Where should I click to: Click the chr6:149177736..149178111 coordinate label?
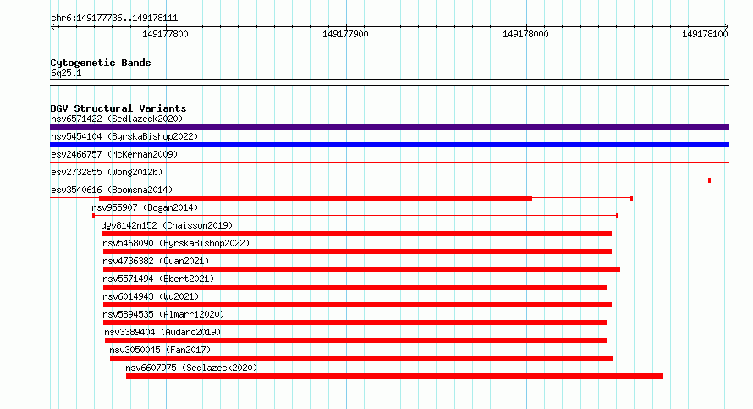(x=114, y=19)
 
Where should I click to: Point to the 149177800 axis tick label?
(x=165, y=34)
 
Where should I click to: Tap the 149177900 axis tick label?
(x=345, y=34)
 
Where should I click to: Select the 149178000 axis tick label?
(x=525, y=34)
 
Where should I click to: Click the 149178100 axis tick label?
(x=705, y=34)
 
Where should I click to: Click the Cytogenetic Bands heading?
(x=101, y=63)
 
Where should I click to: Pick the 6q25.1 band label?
(x=66, y=73)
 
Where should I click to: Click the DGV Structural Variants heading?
(x=118, y=108)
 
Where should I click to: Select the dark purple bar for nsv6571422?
(x=389, y=127)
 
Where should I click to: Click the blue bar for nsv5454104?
(x=389, y=145)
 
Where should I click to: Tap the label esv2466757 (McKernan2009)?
(x=114, y=154)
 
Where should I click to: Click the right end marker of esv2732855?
(x=709, y=180)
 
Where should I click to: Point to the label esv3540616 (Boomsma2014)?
(x=112, y=190)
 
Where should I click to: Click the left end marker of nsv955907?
(x=94, y=216)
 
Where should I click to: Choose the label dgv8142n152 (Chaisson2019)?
(x=167, y=225)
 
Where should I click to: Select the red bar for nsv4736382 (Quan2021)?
(x=361, y=269)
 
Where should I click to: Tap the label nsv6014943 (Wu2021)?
(x=151, y=296)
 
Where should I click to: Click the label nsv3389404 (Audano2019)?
(x=162, y=332)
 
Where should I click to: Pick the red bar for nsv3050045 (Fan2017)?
(x=361, y=358)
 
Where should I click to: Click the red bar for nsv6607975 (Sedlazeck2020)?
(x=395, y=376)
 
